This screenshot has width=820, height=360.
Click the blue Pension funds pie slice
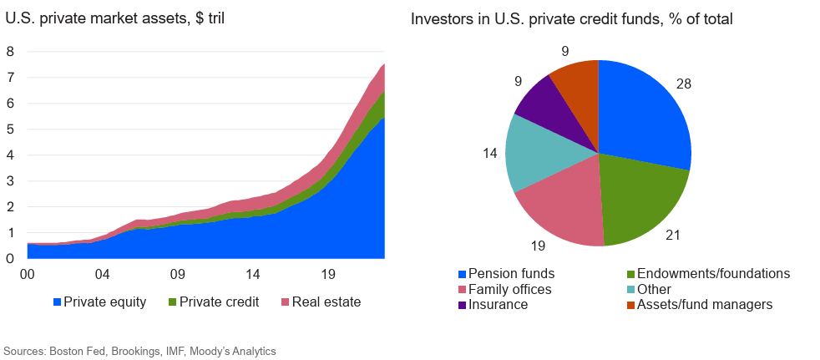(643, 117)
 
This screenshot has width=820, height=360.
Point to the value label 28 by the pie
(684, 84)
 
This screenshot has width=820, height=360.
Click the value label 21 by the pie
(673, 236)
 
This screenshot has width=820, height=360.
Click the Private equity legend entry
(99, 302)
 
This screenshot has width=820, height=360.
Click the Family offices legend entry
(504, 289)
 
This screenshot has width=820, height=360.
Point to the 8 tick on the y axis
(10, 51)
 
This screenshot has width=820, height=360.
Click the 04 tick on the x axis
(102, 274)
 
